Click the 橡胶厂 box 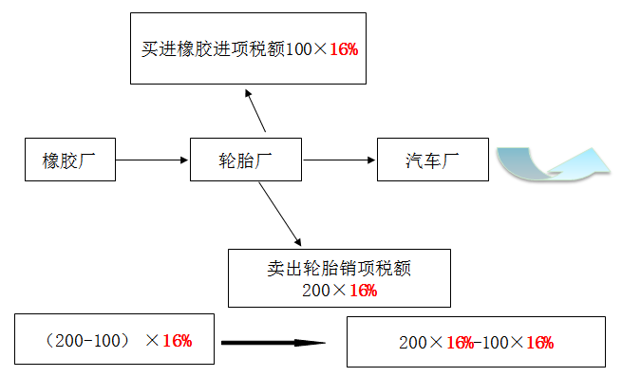coord(70,160)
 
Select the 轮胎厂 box coord(246,160)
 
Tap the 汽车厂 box coord(432,160)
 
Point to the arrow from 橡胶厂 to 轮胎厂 coord(152,160)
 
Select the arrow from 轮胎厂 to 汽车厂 coord(339,160)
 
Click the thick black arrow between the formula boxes coord(273,343)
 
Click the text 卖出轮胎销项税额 coord(338,269)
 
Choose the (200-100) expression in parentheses coord(86,340)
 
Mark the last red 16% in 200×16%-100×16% coord(539,343)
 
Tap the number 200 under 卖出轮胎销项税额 coord(315,291)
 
